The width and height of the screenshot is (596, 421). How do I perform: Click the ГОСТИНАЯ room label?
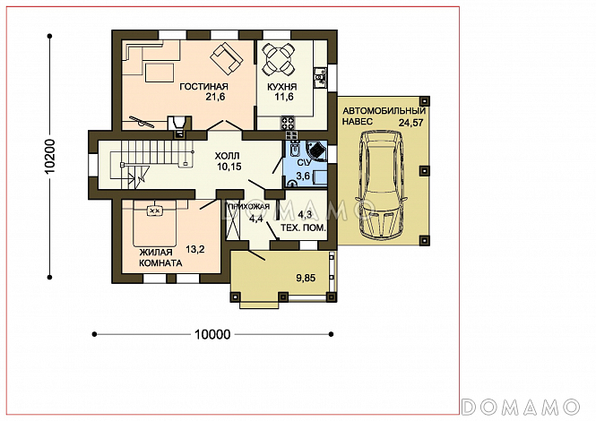[203, 87]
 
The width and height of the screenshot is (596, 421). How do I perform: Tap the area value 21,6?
[215, 97]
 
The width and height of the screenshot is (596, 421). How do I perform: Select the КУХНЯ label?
[281, 87]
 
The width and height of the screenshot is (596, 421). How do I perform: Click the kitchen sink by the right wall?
[320, 78]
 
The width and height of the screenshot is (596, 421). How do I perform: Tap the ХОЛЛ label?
[228, 156]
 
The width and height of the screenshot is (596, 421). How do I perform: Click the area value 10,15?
[229, 167]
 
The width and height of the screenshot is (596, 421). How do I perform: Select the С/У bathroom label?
[304, 163]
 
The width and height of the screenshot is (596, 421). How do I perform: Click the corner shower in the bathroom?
[316, 150]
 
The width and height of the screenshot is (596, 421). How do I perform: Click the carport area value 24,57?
[410, 123]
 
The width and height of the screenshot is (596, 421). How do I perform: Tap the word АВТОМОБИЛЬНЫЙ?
[384, 111]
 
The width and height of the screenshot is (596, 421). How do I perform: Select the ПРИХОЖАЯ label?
[248, 207]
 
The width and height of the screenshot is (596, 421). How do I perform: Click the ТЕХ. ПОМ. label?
[303, 228]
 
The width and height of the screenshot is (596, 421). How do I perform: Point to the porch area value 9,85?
[306, 279]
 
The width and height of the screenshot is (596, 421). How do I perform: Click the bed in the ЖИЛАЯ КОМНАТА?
[155, 223]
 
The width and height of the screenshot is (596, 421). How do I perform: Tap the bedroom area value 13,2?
[195, 249]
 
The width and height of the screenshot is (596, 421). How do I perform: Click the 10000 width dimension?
[212, 334]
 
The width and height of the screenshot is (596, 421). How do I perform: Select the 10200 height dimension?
[50, 157]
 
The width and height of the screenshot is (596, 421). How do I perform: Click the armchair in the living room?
[227, 58]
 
